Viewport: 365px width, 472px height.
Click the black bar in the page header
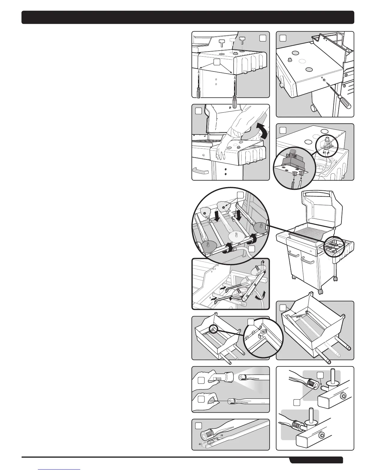pos(188,17)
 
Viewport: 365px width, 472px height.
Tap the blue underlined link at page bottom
pos(60,469)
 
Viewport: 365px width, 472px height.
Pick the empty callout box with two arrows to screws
pos(217,62)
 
